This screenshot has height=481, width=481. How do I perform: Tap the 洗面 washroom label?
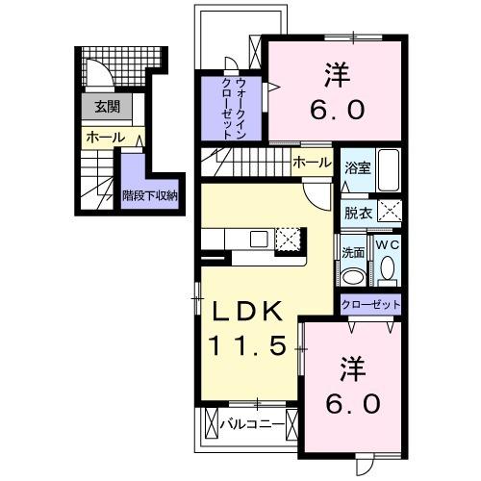click(352, 252)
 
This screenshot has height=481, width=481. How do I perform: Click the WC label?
click(387, 245)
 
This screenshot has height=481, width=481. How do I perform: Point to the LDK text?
click(247, 312)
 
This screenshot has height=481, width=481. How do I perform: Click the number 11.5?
click(247, 345)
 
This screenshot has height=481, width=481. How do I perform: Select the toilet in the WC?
click(387, 271)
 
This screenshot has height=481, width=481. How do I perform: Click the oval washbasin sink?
click(352, 276)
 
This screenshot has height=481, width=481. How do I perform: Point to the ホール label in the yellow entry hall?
click(105, 139)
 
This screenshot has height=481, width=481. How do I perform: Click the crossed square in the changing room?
click(389, 213)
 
